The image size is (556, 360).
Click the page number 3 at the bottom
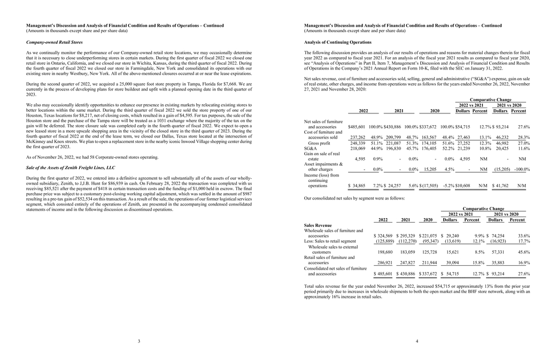click(x=139, y=341)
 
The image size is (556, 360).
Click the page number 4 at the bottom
click(x=416, y=341)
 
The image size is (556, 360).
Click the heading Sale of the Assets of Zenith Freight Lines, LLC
click(x=71, y=167)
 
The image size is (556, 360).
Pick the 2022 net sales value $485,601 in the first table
click(x=357, y=127)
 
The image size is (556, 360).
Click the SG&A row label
click(x=310, y=148)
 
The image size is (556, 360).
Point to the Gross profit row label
click(x=319, y=143)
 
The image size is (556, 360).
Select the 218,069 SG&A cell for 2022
click(x=357, y=148)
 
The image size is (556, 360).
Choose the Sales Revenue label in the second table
click(x=318, y=226)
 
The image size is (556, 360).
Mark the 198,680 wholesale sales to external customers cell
click(x=385, y=251)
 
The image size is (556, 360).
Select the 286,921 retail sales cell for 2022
click(x=385, y=263)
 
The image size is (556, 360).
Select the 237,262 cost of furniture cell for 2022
click(x=357, y=137)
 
